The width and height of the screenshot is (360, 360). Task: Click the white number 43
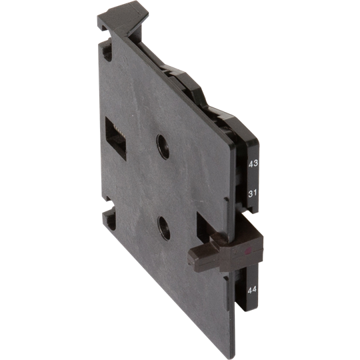tap(253, 163)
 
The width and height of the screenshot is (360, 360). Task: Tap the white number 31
tap(253, 193)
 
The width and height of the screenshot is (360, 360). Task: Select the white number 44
tap(252, 289)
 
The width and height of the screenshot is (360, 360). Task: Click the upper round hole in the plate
tap(161, 145)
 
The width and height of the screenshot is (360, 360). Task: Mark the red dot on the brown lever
tap(248, 252)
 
